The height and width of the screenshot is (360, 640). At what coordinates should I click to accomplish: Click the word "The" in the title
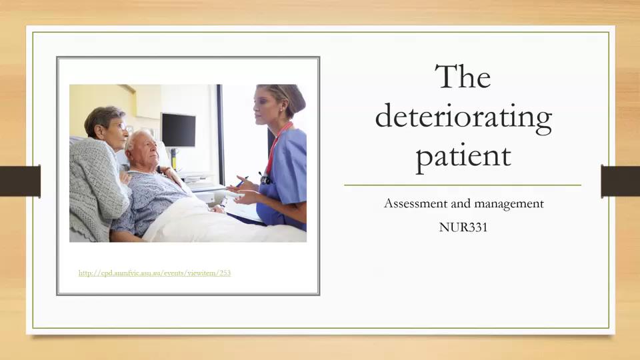point(463,77)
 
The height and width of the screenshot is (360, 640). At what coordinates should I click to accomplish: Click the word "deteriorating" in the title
point(463,117)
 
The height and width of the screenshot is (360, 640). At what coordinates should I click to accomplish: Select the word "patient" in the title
point(463,156)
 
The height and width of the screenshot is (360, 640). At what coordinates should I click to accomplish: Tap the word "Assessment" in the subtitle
point(418,203)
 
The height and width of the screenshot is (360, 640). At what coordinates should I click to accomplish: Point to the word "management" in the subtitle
point(509,203)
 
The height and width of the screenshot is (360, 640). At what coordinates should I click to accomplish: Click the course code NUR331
point(463,227)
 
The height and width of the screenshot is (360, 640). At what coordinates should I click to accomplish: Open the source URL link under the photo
point(155,273)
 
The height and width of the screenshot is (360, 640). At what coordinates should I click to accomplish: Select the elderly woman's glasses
point(121,126)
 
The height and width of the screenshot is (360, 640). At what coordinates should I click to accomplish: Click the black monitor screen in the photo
point(179,130)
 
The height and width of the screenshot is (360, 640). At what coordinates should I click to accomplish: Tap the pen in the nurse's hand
point(241,181)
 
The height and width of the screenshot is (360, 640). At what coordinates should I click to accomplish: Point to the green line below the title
point(463,185)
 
